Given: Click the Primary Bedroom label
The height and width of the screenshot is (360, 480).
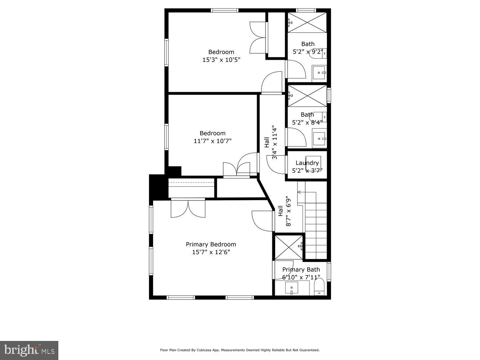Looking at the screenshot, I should (211, 244).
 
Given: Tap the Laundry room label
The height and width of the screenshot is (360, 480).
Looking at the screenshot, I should (307, 163).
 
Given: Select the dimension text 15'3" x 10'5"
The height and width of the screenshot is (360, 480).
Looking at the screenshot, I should (221, 60).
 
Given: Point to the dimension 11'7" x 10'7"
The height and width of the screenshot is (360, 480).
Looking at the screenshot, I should (212, 141).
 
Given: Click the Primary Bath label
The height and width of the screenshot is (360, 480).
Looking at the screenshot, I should (301, 270).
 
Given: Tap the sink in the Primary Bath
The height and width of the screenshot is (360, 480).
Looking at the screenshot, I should (291, 288).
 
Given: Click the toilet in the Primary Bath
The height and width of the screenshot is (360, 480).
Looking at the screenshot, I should (319, 288).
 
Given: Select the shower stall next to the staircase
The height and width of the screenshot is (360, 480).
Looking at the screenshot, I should (289, 247).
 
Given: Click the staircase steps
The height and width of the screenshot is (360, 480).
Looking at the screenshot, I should (316, 230).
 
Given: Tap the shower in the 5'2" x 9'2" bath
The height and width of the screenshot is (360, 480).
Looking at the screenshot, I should (307, 23).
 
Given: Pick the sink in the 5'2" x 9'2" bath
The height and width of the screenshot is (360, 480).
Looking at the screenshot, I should (319, 72).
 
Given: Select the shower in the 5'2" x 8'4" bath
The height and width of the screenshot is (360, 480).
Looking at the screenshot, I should (307, 96).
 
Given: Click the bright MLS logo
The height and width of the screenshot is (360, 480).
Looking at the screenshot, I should (29, 350).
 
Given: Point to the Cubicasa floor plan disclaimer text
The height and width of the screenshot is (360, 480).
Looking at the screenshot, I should (239, 350).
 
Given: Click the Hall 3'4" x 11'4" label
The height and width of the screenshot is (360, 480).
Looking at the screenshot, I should (270, 143).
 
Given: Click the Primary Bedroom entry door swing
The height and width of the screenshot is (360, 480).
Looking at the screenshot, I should (262, 221).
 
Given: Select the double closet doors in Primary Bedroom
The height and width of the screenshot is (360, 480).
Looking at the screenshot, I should (188, 209).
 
